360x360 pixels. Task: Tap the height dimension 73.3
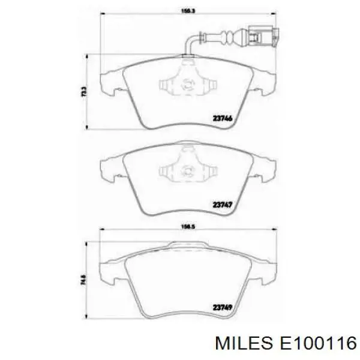point(85,91)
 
